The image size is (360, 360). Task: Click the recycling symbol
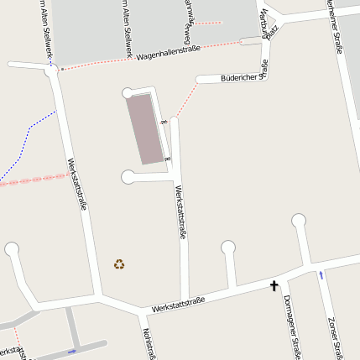(119, 264)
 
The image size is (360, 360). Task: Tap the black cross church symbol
(274, 286)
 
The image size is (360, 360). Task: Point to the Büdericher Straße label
(243, 76)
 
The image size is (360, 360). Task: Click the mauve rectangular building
(143, 128)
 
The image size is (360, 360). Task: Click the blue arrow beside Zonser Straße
(320, 275)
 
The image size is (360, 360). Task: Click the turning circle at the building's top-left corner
(128, 92)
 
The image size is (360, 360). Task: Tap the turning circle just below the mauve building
(128, 176)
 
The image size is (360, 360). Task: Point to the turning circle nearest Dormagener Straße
(299, 221)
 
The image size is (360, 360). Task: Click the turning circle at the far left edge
(12, 248)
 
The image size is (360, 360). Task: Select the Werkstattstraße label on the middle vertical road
(180, 214)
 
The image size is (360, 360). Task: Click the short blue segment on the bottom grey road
(71, 350)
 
